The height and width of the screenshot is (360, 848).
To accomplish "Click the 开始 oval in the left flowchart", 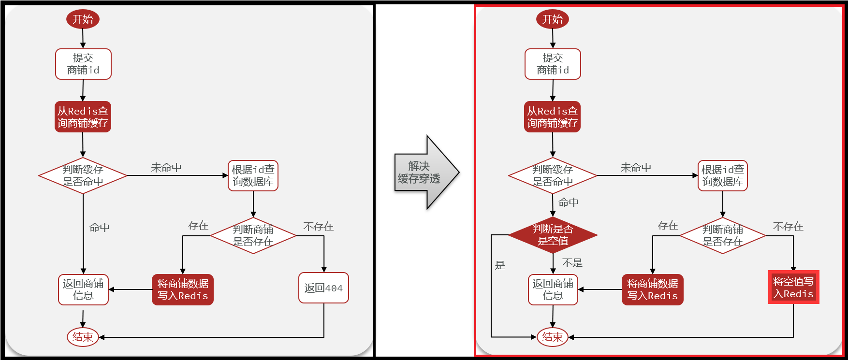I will coord(83,19).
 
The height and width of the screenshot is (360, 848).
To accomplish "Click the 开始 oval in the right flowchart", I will coord(552,19).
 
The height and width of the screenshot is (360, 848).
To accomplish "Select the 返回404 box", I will coord(323,288).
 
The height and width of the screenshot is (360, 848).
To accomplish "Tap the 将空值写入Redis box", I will coord(793,288).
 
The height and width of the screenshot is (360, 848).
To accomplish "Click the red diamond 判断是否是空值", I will coord(553,235).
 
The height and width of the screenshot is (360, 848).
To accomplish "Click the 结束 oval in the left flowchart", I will coord(83,337).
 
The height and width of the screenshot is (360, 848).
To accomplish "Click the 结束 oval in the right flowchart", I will coord(552,337).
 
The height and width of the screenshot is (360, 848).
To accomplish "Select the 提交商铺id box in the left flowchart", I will coord(83,64).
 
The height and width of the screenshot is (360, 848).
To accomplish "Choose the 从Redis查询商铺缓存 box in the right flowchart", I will coord(552,117).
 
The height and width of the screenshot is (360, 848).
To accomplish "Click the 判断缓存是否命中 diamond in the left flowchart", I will coord(83,175).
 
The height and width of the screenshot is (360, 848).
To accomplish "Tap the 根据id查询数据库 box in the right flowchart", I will coord(722,175).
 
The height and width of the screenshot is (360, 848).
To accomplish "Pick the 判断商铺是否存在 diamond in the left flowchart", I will coord(253,235).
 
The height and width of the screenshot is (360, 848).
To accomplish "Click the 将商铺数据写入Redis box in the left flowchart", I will coord(182,289).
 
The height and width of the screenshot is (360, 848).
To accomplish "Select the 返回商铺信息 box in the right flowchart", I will coord(553,289).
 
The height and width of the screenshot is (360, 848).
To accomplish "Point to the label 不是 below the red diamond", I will coord(572,263).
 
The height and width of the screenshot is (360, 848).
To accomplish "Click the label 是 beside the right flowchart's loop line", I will coord(500,265).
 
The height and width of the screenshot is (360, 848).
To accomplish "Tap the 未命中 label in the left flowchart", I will coord(166,168).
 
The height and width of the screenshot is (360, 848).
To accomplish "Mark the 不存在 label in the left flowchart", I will coord(318,227).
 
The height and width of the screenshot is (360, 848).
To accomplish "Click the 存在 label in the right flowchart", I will coord(668,226).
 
